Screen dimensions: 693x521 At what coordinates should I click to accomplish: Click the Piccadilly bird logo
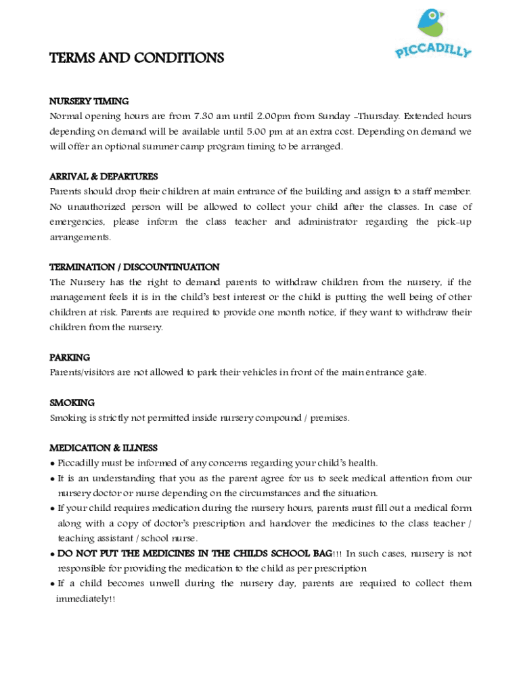pyautogui.click(x=430, y=22)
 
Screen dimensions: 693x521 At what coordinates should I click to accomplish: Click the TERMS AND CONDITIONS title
pyautogui.click(x=137, y=58)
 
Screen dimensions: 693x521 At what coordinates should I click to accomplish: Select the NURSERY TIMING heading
pyautogui.click(x=89, y=102)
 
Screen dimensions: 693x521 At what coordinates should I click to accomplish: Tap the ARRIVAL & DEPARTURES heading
pyautogui.click(x=104, y=177)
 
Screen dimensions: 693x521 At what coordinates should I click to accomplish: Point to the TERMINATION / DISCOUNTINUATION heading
pyautogui.click(x=134, y=267)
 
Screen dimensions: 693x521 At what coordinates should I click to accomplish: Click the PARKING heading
pyautogui.click(x=70, y=357)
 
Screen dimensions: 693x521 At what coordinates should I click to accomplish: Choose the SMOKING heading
pyautogui.click(x=72, y=403)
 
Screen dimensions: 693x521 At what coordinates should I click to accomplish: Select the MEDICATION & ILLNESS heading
pyautogui.click(x=104, y=448)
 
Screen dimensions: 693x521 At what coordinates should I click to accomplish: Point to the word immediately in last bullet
pyautogui.click(x=82, y=599)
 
